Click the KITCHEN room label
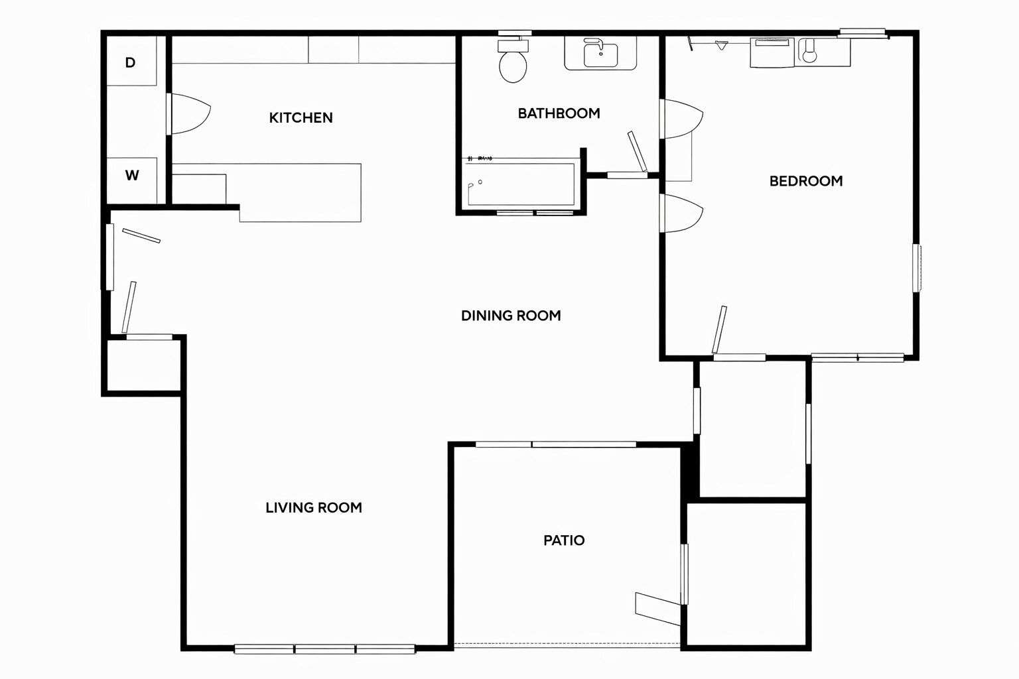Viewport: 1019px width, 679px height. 301,118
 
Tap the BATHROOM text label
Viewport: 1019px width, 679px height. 559,113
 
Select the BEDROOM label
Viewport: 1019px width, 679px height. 805,181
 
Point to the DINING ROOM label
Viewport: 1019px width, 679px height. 511,316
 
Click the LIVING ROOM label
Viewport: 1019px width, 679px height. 313,508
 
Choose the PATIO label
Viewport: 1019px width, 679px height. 564,540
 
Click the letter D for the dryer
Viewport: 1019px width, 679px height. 131,63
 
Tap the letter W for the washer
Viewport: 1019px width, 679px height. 132,176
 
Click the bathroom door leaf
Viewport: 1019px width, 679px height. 637,151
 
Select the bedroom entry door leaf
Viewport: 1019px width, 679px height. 719,330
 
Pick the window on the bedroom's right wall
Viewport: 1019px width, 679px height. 916,268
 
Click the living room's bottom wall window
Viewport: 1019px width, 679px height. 324,649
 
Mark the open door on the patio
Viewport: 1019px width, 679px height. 658,609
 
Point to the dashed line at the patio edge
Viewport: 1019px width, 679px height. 567,644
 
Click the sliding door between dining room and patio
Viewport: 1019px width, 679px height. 556,444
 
